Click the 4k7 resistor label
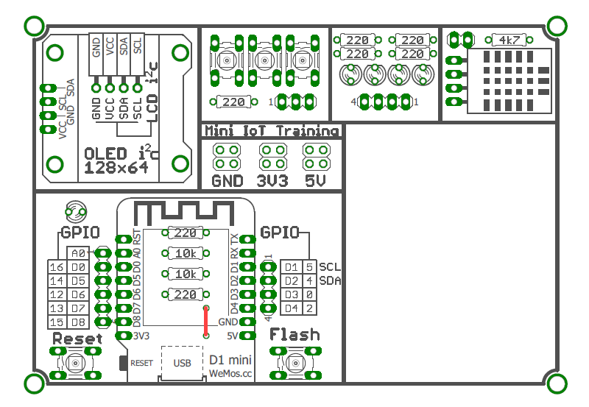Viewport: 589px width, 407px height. tap(507, 40)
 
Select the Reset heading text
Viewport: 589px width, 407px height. tap(77, 339)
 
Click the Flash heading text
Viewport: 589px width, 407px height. tap(294, 335)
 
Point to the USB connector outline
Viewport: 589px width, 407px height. tap(182, 362)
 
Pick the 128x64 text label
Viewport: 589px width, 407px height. tap(116, 168)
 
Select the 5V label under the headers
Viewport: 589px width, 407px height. tap(314, 180)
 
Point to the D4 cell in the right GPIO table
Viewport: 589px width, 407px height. tap(292, 308)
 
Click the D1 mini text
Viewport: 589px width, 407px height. tap(231, 360)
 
